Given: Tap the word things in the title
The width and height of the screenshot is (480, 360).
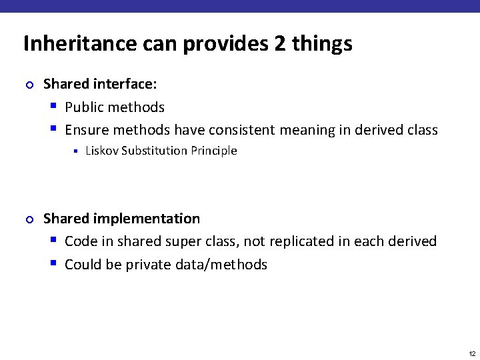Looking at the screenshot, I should [x=322, y=44].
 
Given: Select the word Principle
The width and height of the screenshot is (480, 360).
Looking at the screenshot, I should [x=214, y=151].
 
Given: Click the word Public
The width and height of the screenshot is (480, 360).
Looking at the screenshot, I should [x=84, y=107].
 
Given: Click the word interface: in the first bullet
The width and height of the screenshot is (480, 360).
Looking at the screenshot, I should [x=126, y=85].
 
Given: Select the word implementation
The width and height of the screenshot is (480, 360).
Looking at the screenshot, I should [x=147, y=219].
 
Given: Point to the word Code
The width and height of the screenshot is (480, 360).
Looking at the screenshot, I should [x=80, y=241].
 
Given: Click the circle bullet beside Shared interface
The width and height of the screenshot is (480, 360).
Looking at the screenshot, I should [x=28, y=85].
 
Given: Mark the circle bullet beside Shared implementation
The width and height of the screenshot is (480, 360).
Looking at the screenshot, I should [x=28, y=219].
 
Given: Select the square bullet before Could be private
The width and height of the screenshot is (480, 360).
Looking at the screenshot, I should [x=53, y=264].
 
